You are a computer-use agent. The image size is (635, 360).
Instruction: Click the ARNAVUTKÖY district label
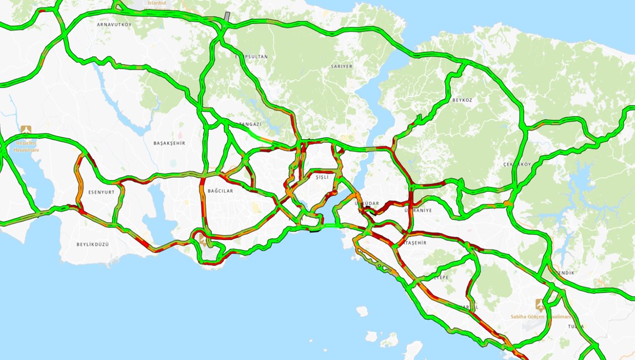point(114,25)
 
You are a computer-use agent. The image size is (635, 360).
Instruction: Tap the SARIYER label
point(342,66)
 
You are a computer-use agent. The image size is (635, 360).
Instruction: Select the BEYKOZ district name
point(462,101)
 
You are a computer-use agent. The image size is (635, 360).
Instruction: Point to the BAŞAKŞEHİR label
point(169,143)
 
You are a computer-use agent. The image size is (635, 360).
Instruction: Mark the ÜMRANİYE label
point(418,210)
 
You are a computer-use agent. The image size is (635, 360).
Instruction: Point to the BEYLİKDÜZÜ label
point(93,244)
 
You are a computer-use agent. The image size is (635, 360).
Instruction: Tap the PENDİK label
point(565,273)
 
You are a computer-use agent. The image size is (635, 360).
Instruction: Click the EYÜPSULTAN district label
point(252,56)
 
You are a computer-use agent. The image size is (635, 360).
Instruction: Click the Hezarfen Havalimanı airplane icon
point(25,129)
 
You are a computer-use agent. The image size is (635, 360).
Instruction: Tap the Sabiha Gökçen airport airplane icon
point(540,305)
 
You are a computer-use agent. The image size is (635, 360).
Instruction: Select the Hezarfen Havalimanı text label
point(27,146)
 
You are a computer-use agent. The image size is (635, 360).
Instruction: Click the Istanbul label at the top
point(157,3)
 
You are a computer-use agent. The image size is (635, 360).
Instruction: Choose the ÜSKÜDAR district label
point(367,204)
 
